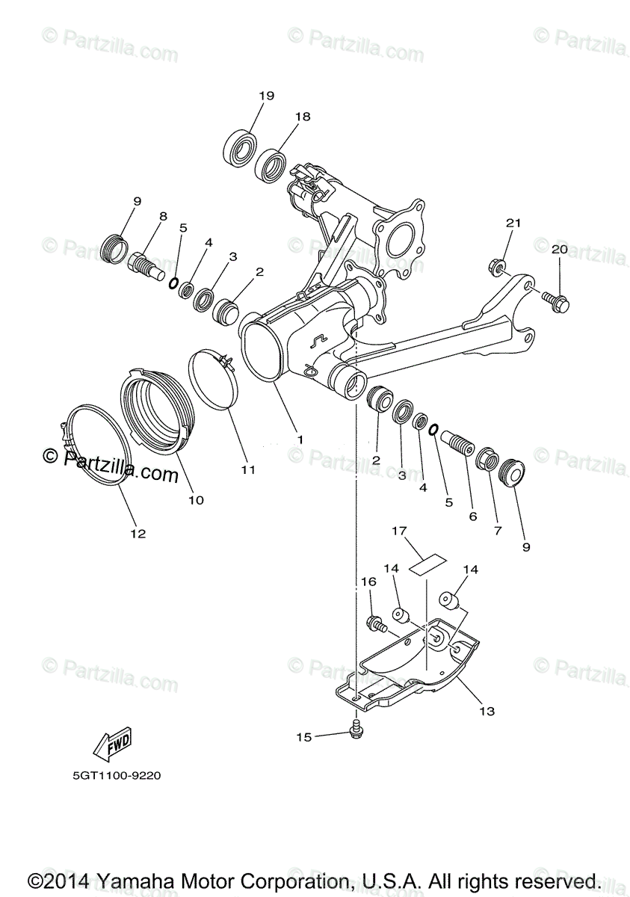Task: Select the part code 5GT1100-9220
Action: coord(117,776)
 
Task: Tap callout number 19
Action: coord(267,96)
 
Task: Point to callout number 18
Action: coord(302,117)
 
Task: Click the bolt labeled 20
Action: coord(555,301)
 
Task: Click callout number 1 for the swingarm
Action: coord(300,440)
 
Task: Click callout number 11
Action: coord(248,469)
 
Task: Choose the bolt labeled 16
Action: coord(374,622)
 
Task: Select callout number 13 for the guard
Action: coord(487,712)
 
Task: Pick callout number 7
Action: coord(498,530)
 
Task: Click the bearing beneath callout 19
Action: coord(240,147)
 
